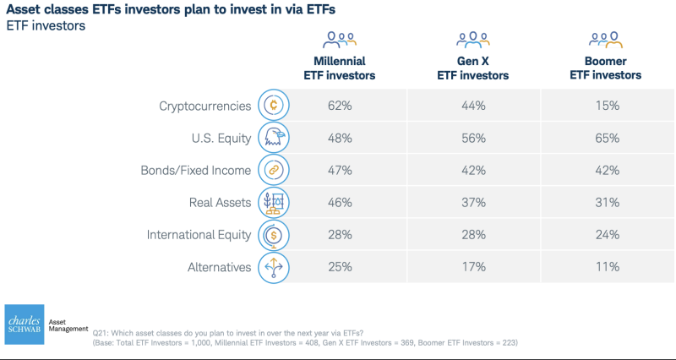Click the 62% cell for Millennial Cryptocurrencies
tap(340, 106)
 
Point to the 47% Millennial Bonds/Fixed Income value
tap(340, 170)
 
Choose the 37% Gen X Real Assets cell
tap(472, 203)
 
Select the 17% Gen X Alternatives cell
tap(472, 268)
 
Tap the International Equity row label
tap(199, 235)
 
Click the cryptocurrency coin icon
tap(273, 106)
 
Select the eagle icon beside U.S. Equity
tap(273, 138)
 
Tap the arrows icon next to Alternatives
tap(273, 268)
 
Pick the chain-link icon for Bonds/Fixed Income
tap(273, 170)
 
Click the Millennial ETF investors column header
tap(340, 68)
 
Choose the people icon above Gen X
tap(472, 40)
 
